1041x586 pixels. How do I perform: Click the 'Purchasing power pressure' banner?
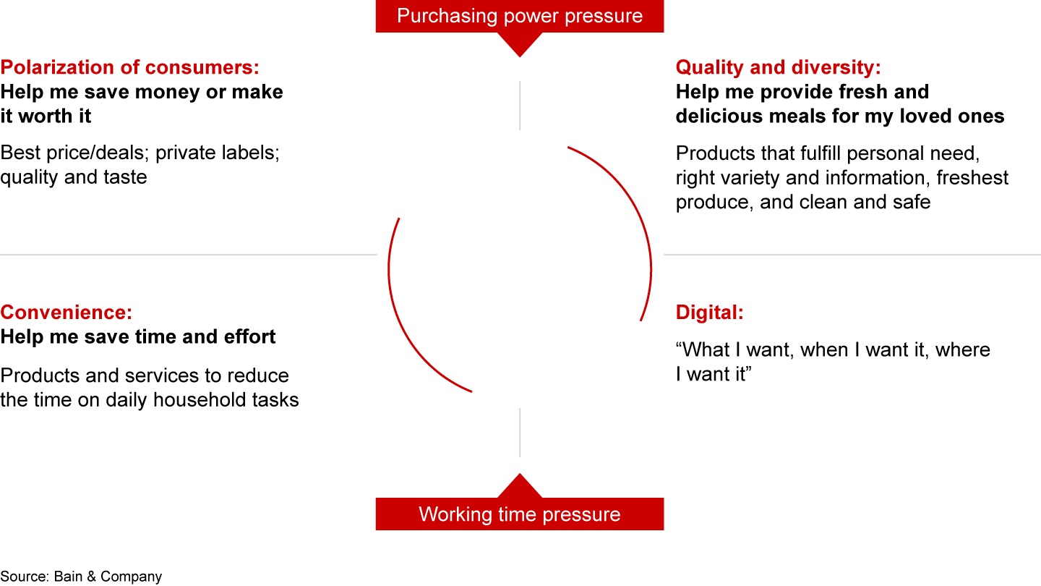tap(520, 16)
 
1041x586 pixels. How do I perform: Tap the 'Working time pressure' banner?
tap(520, 514)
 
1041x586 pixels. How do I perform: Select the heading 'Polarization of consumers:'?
tap(129, 67)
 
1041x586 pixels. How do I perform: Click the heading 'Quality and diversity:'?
tap(779, 67)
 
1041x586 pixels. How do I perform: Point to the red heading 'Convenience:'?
tap(67, 313)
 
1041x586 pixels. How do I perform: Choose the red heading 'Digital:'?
tap(710, 313)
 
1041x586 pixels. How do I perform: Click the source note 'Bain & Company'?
tap(108, 576)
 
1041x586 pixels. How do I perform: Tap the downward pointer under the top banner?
tap(520, 45)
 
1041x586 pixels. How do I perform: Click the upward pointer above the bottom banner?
tap(520, 485)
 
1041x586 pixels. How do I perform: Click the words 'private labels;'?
tap(218, 153)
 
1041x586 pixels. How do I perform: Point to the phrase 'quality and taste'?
tap(74, 177)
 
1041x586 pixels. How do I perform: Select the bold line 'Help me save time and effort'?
tap(138, 336)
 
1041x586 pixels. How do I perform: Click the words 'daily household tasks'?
tap(202, 400)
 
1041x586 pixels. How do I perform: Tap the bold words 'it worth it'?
tap(46, 116)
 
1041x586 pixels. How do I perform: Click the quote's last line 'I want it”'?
tap(714, 374)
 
